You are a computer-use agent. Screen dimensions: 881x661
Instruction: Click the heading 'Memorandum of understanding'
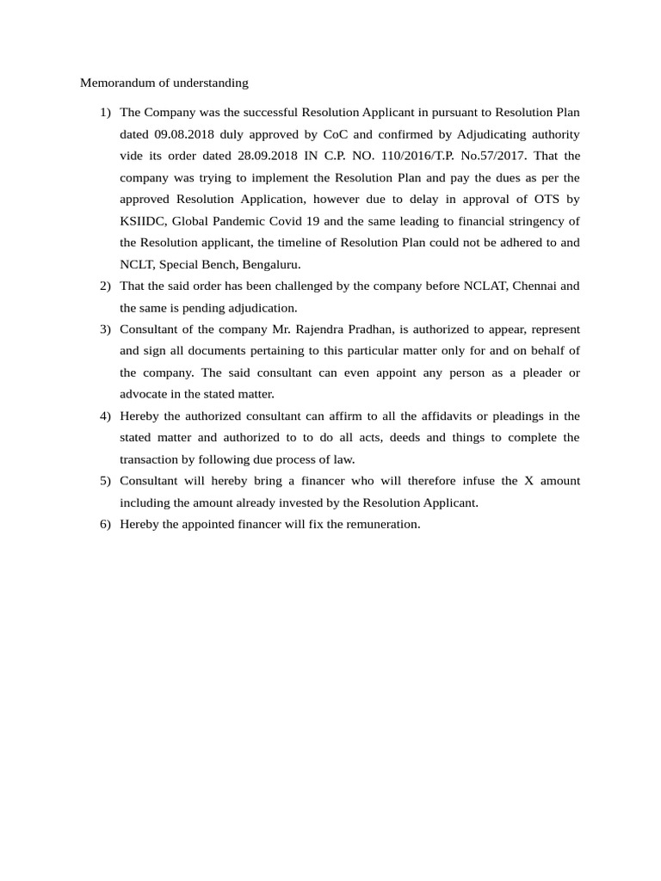(x=164, y=83)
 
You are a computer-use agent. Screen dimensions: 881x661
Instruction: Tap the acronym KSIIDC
(x=142, y=221)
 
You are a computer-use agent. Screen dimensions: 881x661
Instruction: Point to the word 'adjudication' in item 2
(x=262, y=307)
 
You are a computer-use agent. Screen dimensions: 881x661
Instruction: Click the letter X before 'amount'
(x=529, y=481)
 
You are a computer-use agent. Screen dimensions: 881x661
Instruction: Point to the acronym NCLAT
(x=482, y=286)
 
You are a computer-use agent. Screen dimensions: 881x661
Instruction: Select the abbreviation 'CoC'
(x=332, y=134)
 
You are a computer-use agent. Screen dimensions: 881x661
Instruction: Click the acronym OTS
(x=542, y=200)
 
